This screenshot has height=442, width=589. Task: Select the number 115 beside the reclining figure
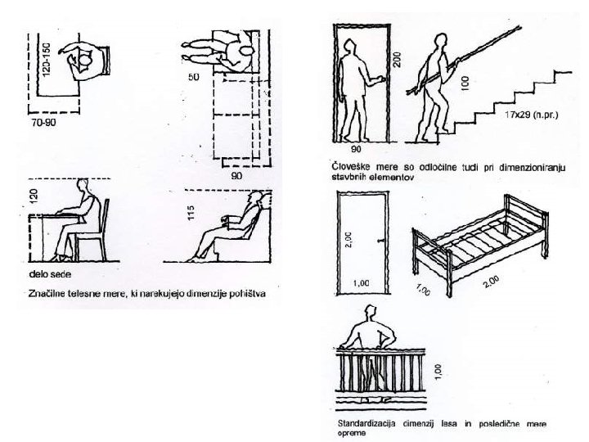(x=190, y=214)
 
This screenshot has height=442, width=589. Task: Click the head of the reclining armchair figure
(x=259, y=200)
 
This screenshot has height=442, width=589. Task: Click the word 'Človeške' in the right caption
(x=343, y=166)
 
